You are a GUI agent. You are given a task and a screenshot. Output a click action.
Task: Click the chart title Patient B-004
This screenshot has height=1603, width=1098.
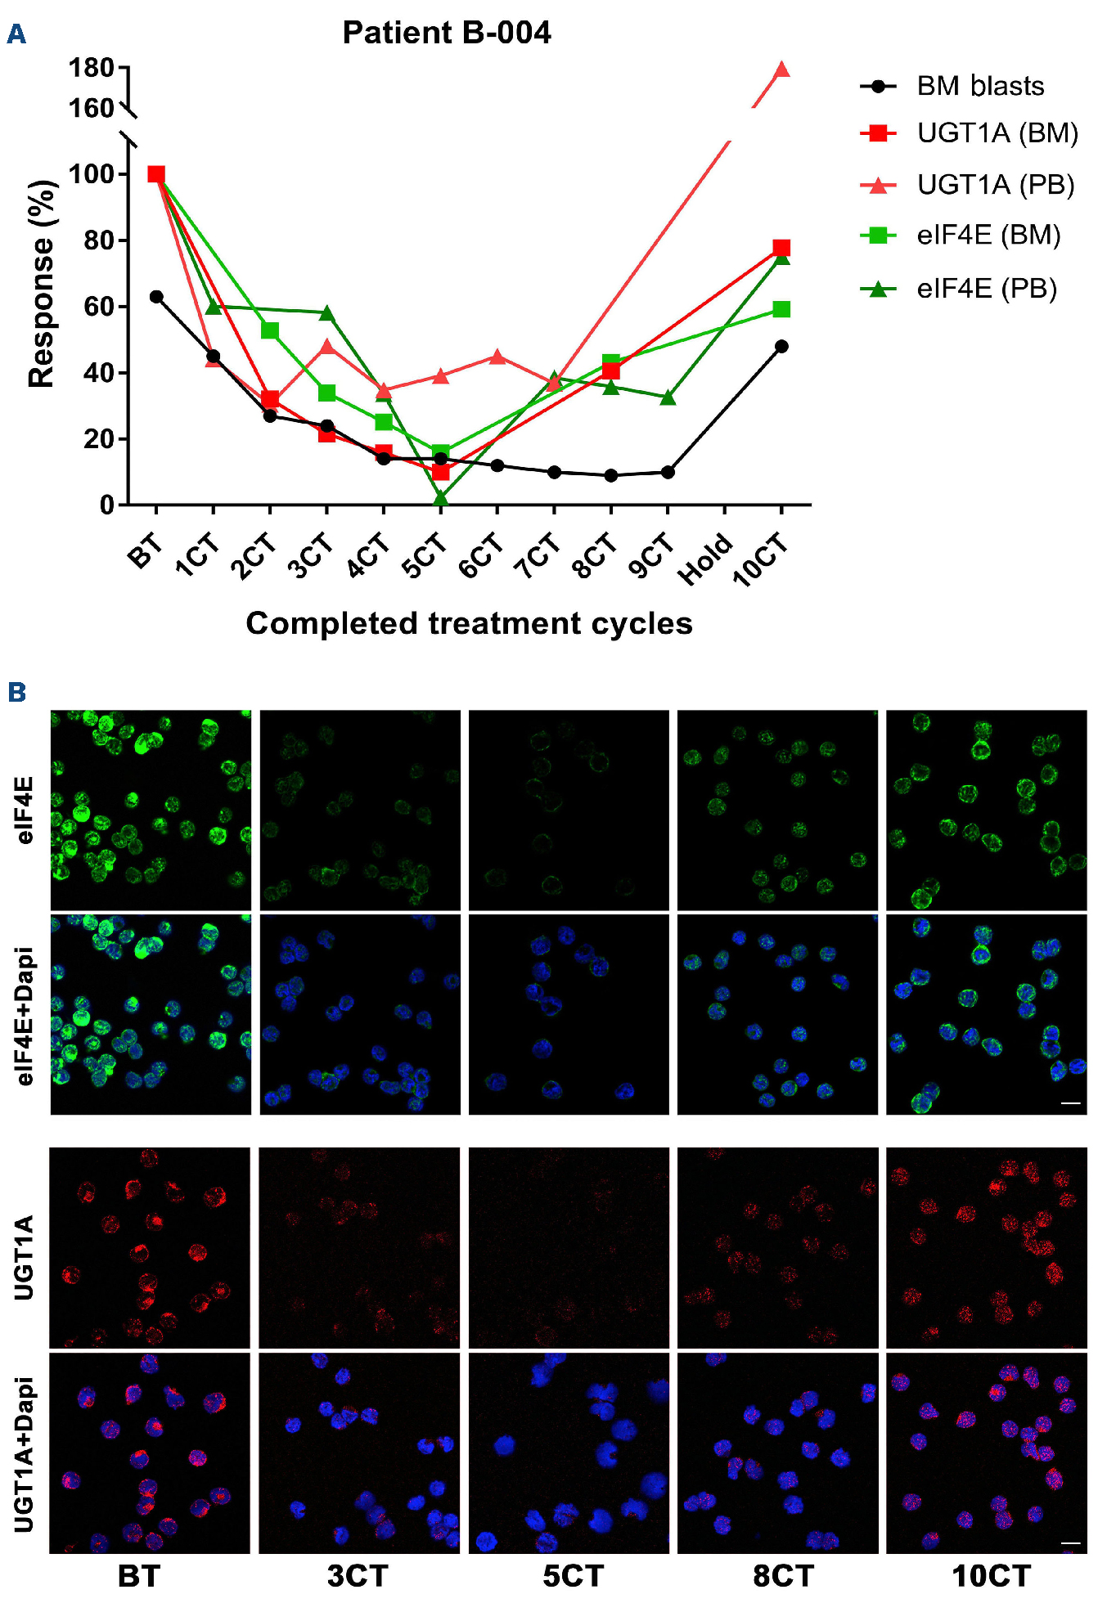point(446,33)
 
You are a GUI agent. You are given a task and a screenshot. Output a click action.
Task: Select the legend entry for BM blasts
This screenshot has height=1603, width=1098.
point(980,86)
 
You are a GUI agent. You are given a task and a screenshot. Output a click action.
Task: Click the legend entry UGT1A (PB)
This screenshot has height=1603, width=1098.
point(995,185)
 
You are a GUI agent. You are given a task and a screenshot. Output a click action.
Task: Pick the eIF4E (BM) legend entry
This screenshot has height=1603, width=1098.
point(988,236)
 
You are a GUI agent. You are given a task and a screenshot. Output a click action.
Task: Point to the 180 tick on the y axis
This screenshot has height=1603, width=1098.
point(91,68)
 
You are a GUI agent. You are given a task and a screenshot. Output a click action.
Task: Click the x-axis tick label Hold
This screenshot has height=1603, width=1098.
point(705,559)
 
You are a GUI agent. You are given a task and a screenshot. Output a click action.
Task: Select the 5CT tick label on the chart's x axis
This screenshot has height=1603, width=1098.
point(425,556)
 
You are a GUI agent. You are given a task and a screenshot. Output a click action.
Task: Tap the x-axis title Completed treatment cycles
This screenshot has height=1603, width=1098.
point(469,623)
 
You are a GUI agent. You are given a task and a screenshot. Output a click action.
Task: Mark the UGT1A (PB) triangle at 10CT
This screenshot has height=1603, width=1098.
point(781,70)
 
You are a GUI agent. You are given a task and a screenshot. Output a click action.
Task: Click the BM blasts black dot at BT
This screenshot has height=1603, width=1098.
point(156,297)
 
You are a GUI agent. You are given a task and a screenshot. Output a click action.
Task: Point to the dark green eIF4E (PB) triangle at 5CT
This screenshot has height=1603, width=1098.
point(440,498)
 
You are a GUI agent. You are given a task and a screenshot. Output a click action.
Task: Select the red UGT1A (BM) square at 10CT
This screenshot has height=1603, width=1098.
point(781,248)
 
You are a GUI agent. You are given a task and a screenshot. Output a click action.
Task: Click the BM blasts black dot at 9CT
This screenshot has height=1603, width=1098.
point(668,472)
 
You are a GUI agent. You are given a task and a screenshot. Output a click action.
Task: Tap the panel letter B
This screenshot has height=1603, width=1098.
point(16,693)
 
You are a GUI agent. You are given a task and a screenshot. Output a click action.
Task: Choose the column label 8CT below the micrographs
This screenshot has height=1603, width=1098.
point(783,1575)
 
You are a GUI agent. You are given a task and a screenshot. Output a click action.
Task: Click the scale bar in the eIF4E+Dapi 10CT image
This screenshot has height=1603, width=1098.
point(1070,1103)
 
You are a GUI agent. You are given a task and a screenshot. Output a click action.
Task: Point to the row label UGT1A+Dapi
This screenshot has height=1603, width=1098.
point(25,1453)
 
